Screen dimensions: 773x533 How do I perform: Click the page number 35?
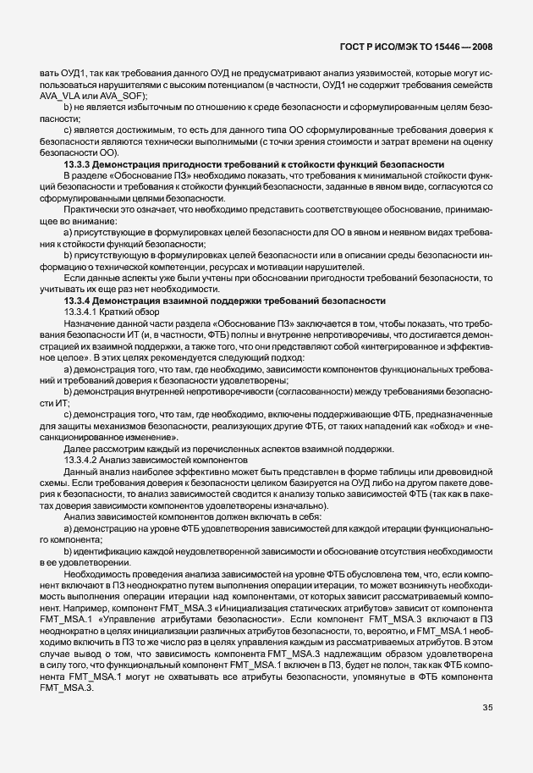click(488, 729)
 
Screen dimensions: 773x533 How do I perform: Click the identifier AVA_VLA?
click(60, 97)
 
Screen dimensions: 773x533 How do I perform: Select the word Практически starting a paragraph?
click(90, 208)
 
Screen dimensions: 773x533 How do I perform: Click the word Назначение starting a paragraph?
click(89, 324)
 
